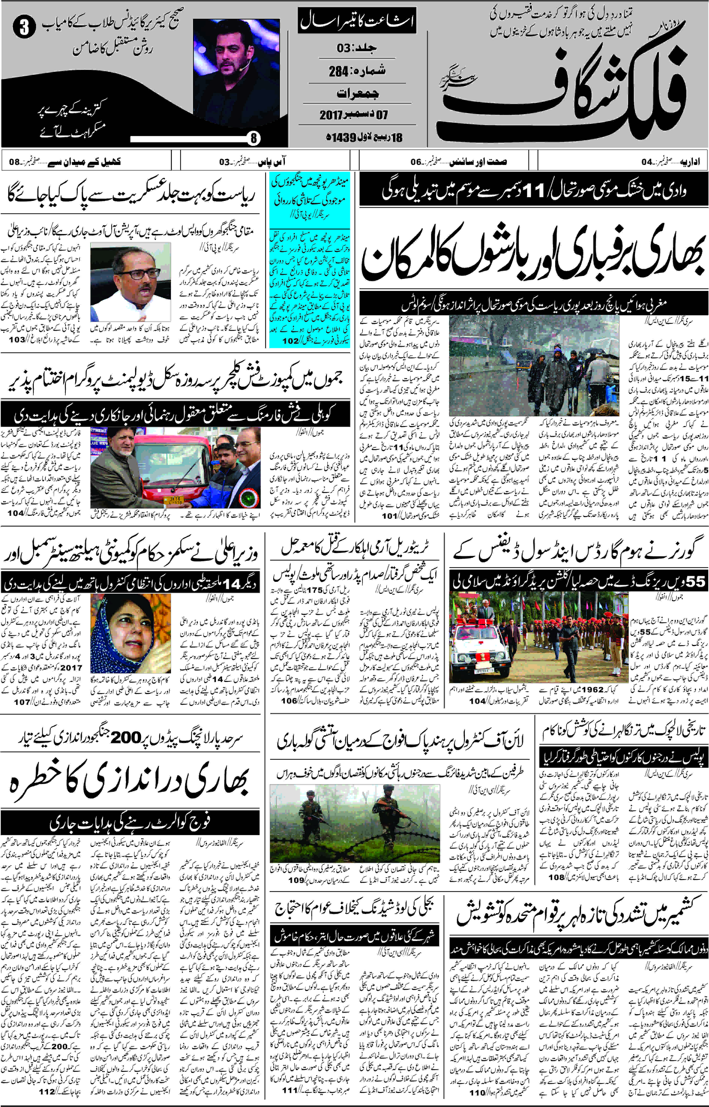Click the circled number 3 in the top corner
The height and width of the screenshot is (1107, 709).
[24, 28]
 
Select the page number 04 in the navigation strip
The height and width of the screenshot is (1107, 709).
[647, 162]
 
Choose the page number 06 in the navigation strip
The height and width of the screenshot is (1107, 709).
[416, 162]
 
